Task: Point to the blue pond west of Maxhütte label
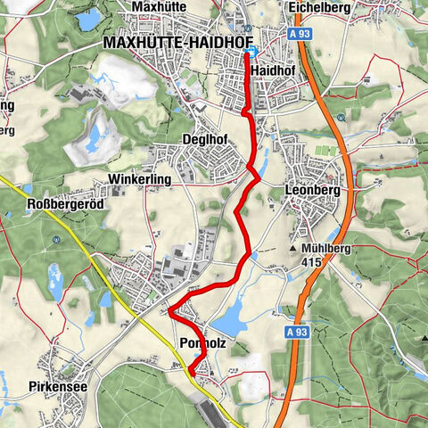point(89,20)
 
